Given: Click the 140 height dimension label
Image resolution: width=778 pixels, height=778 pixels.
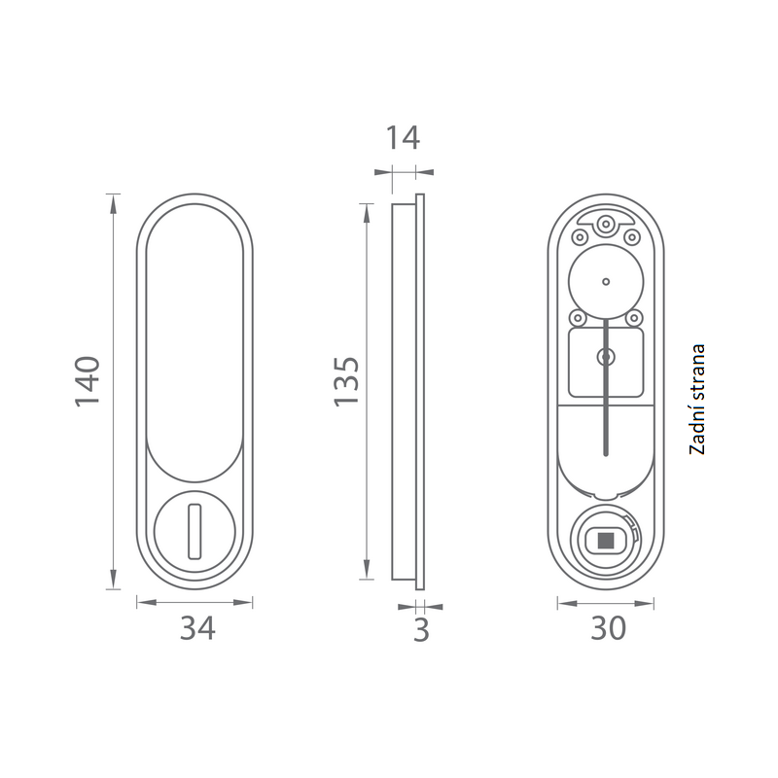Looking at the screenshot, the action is pos(88,381).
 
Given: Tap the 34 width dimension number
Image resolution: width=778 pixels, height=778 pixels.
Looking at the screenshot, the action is pos(197,628).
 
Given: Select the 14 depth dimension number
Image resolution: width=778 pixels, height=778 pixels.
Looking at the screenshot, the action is pos(403,137).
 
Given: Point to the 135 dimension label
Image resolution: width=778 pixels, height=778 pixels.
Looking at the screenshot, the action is pos(346,381).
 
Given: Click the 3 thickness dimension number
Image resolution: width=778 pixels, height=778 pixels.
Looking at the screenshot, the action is pos(421,630).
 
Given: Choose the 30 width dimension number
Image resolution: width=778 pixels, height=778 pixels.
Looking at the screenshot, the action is pos(609,628).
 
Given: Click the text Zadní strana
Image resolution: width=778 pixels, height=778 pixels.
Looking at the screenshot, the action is pos(696,399).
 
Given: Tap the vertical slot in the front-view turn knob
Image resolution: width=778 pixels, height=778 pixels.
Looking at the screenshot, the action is pos(194,531).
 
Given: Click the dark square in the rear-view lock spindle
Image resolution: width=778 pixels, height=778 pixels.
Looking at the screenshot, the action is pos(605,541).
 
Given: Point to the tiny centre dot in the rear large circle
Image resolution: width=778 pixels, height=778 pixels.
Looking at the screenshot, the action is pos(606,282).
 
